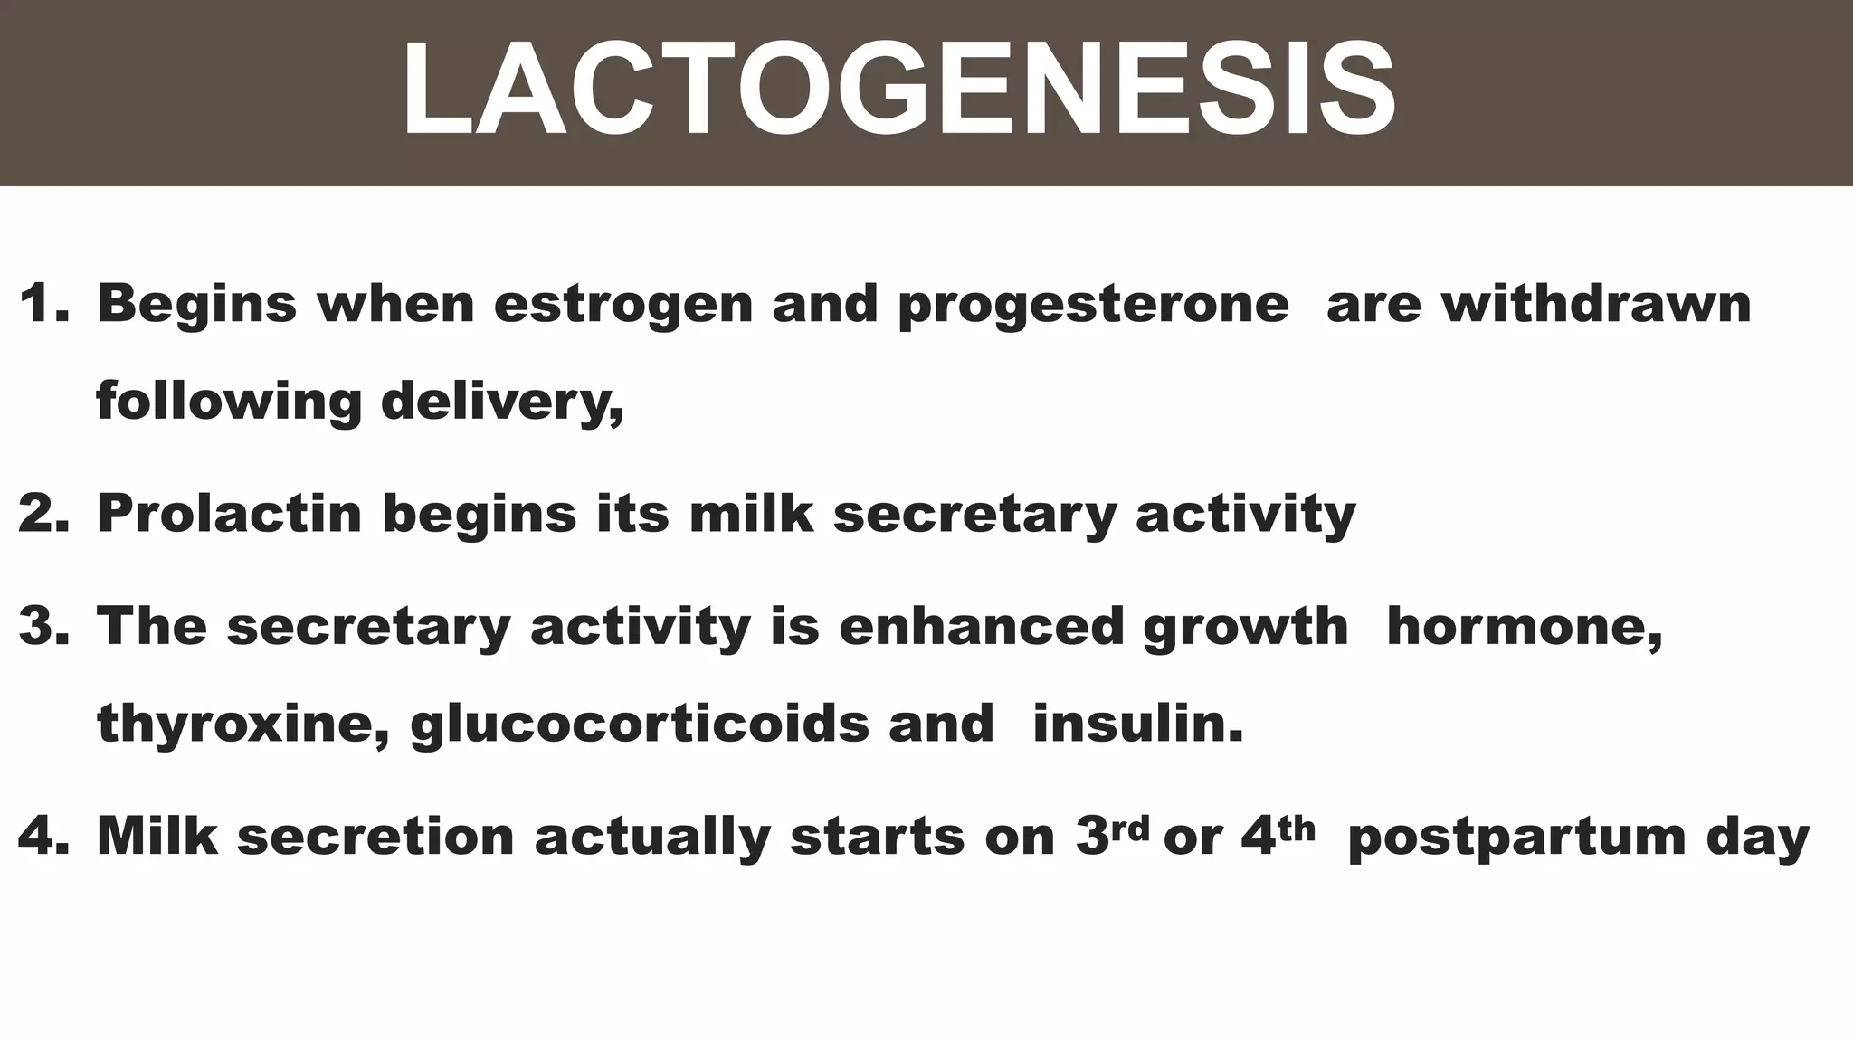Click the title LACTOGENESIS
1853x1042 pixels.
[x=898, y=90]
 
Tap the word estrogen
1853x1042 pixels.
[x=623, y=306]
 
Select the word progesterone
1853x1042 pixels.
[x=1093, y=306]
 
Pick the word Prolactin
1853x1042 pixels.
[x=230, y=513]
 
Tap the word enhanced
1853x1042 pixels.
[x=981, y=625]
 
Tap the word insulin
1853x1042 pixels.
[x=1138, y=724]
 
